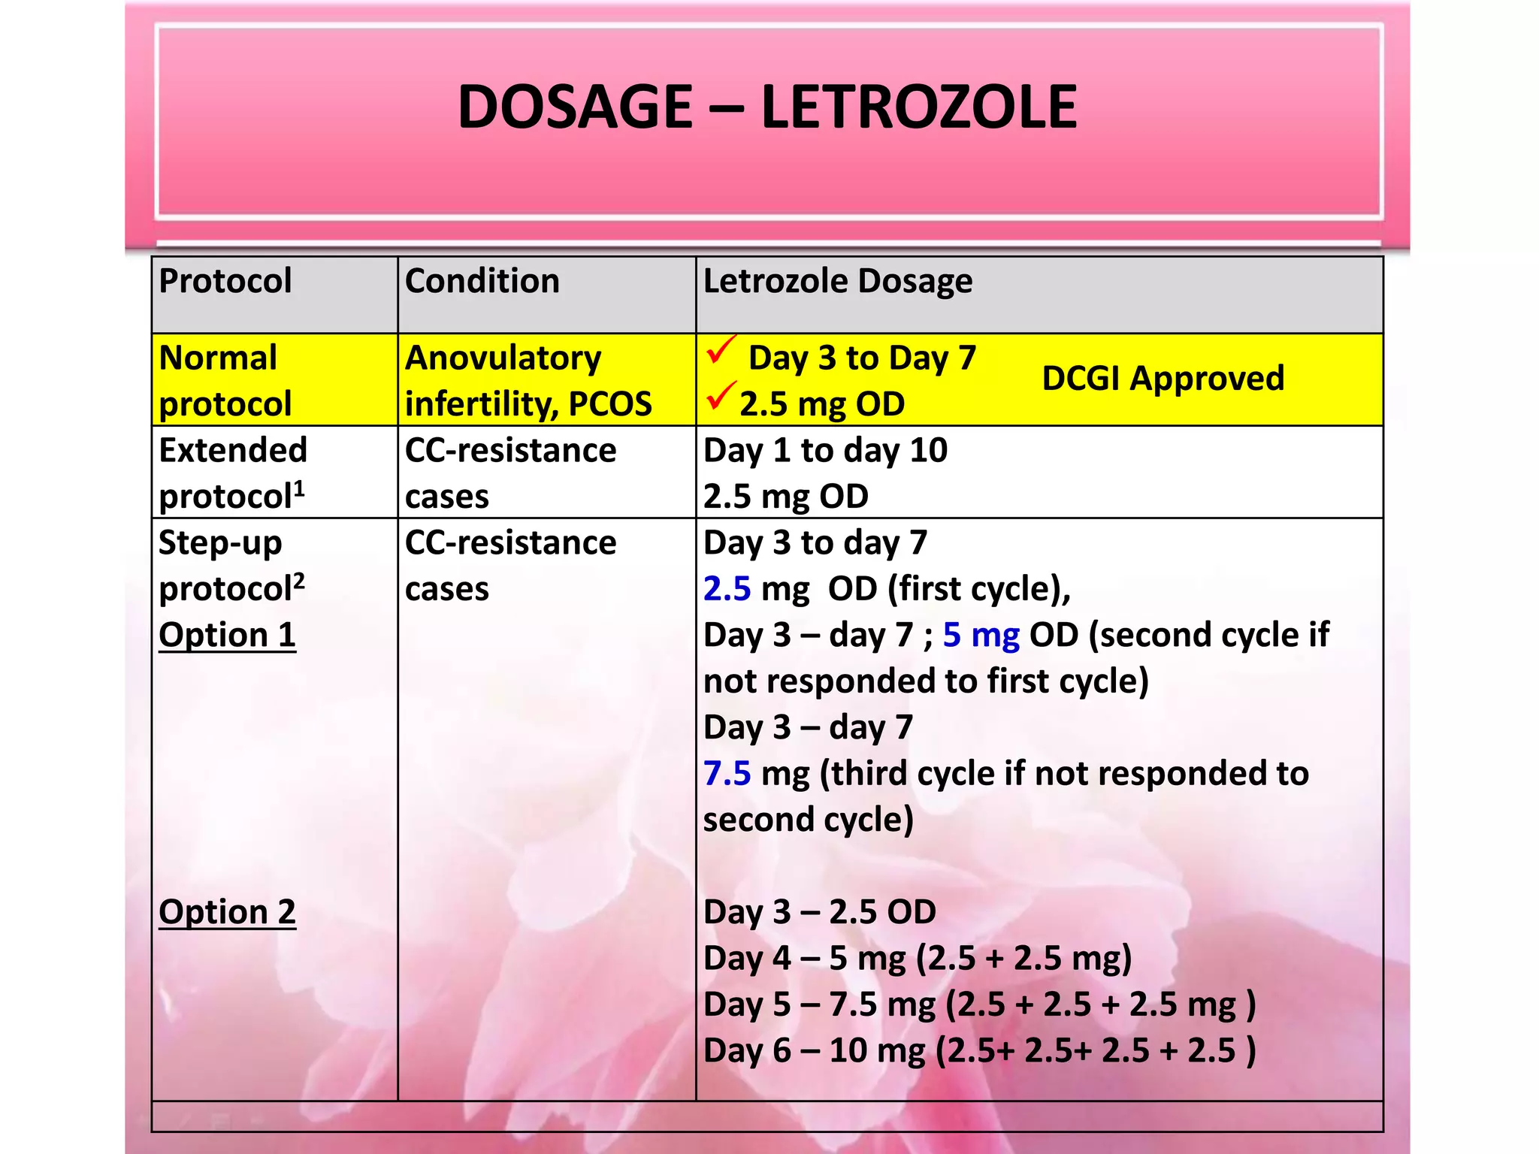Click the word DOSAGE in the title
[x=575, y=107]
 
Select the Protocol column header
[x=225, y=281]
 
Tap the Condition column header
[x=482, y=281]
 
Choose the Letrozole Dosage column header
[x=837, y=281]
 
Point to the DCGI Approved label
[x=1163, y=378]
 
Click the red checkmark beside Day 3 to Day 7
[x=721, y=349]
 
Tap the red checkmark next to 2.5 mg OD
[x=720, y=395]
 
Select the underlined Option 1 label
[x=227, y=635]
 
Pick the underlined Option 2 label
[x=227, y=912]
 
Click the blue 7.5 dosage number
[x=727, y=773]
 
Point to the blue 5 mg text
[x=981, y=635]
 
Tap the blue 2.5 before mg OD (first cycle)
[x=727, y=588]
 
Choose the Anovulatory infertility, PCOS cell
[x=528, y=380]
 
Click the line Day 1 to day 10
[x=824, y=450]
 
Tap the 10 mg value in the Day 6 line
[x=877, y=1050]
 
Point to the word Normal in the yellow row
[x=218, y=358]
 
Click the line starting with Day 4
[x=917, y=959]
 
